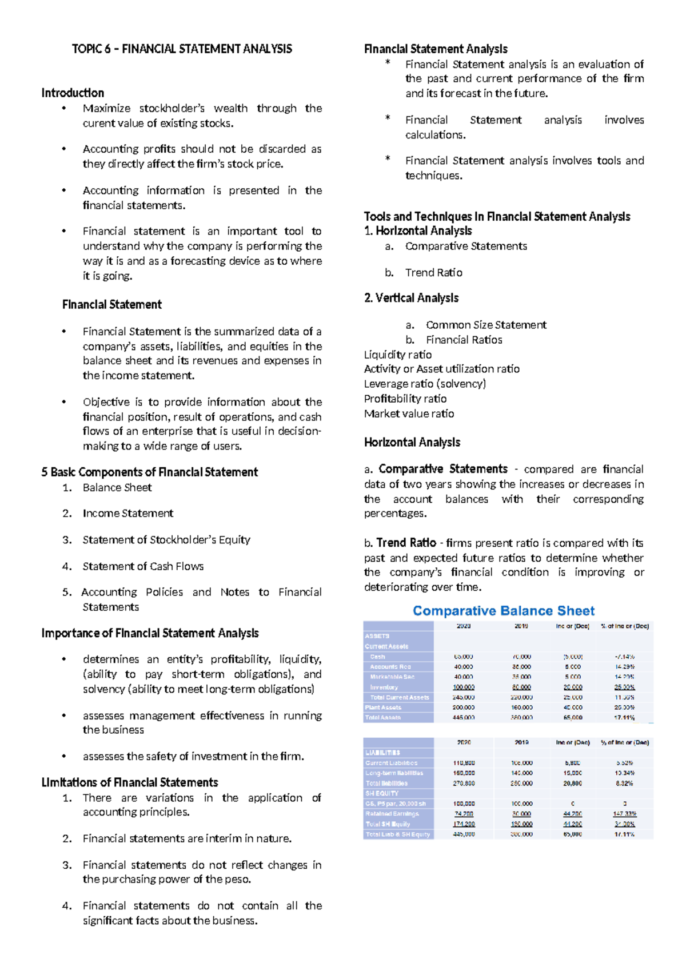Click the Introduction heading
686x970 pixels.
[x=73, y=93]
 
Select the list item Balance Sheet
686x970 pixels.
[x=117, y=487]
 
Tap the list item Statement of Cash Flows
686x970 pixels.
[x=143, y=566]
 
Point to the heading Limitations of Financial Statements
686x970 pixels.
[x=130, y=782]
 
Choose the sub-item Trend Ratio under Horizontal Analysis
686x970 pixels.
[x=433, y=272]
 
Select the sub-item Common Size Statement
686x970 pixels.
[x=486, y=325]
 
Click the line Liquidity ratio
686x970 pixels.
[x=398, y=355]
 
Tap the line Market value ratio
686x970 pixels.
[x=409, y=414]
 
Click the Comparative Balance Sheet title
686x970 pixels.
[x=504, y=611]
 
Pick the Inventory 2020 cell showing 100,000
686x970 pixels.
[x=464, y=687]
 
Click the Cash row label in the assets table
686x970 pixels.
[x=377, y=657]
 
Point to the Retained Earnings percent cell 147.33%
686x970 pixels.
[x=624, y=813]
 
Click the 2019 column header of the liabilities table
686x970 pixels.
[x=521, y=742]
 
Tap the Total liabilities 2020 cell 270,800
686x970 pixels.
[x=464, y=783]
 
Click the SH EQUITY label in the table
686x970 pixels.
[x=382, y=793]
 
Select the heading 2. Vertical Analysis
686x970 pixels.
[x=412, y=298]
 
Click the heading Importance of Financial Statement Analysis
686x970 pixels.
[x=150, y=633]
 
